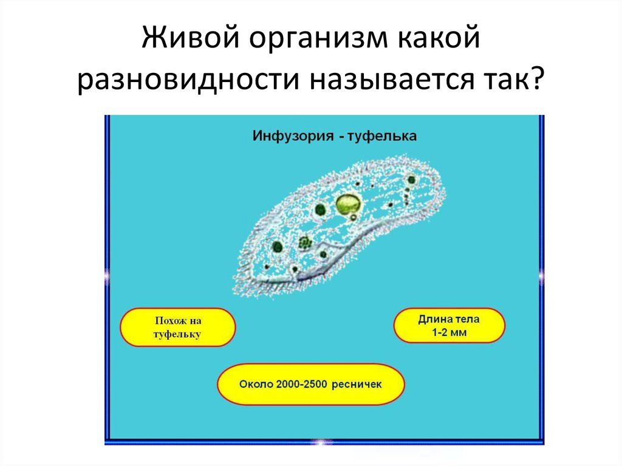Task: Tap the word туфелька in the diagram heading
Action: pos(382,136)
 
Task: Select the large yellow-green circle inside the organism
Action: pos(348,204)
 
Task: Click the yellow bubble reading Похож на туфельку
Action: pos(178,327)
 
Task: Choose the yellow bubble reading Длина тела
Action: pos(449,326)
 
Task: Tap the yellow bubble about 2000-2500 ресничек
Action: pos(310,384)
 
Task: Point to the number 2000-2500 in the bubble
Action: pos(301,384)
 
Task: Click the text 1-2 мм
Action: pos(449,332)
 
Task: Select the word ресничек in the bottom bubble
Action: pos(357,385)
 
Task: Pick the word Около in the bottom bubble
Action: pos(256,384)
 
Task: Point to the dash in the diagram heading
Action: pos(341,137)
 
